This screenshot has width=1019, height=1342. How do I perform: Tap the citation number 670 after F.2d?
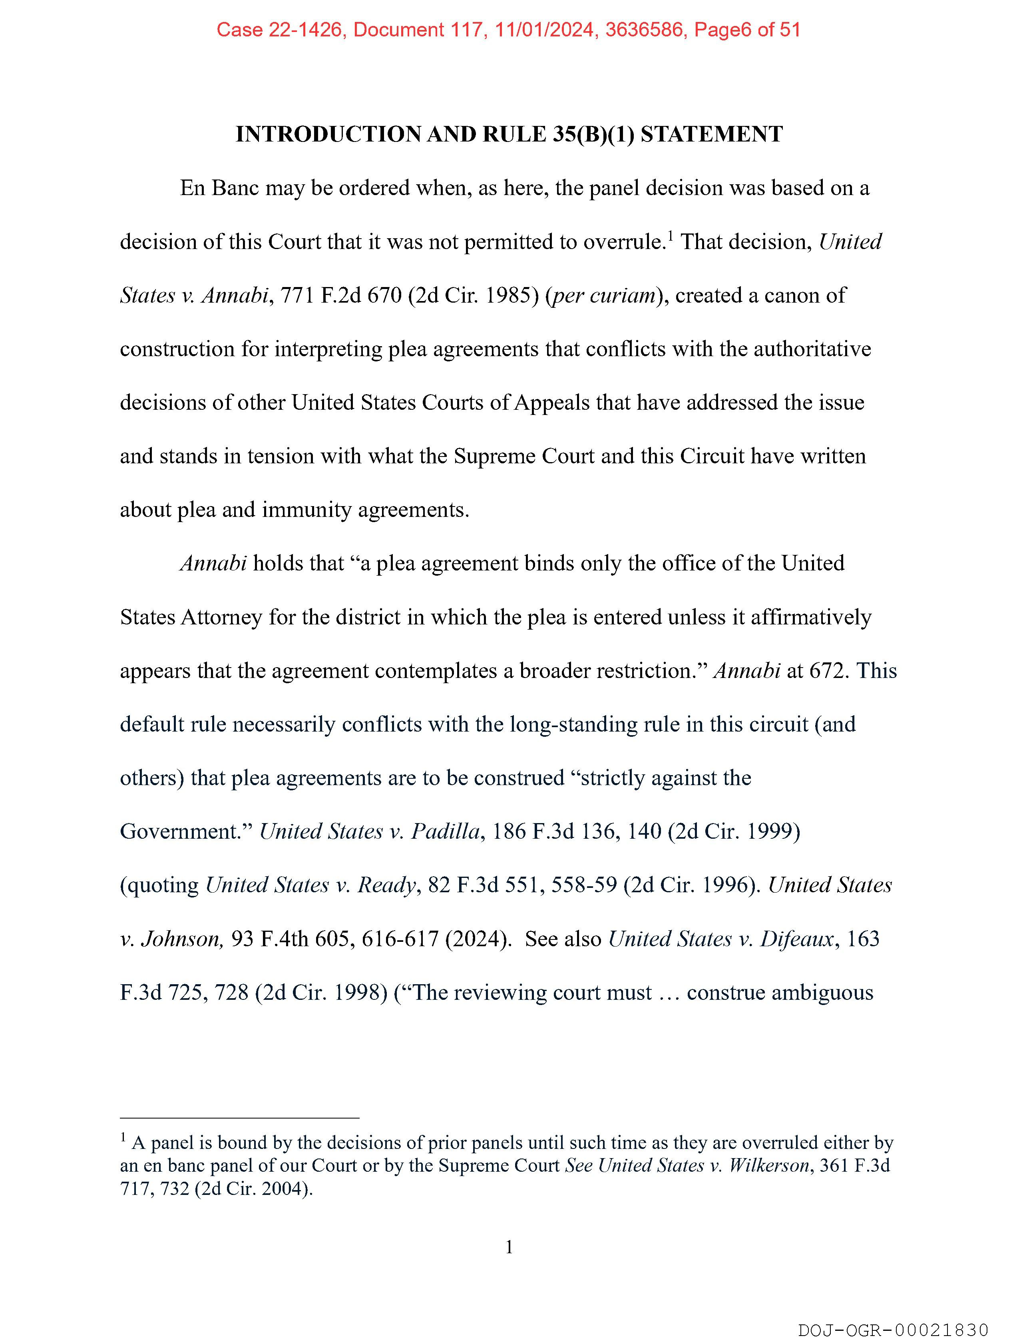pyautogui.click(x=384, y=295)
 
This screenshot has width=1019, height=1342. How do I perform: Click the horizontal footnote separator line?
pyautogui.click(x=240, y=1117)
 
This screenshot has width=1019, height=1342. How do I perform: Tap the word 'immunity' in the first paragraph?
pyautogui.click(x=306, y=510)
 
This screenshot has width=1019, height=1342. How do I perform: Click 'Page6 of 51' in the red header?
pyautogui.click(x=747, y=29)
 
